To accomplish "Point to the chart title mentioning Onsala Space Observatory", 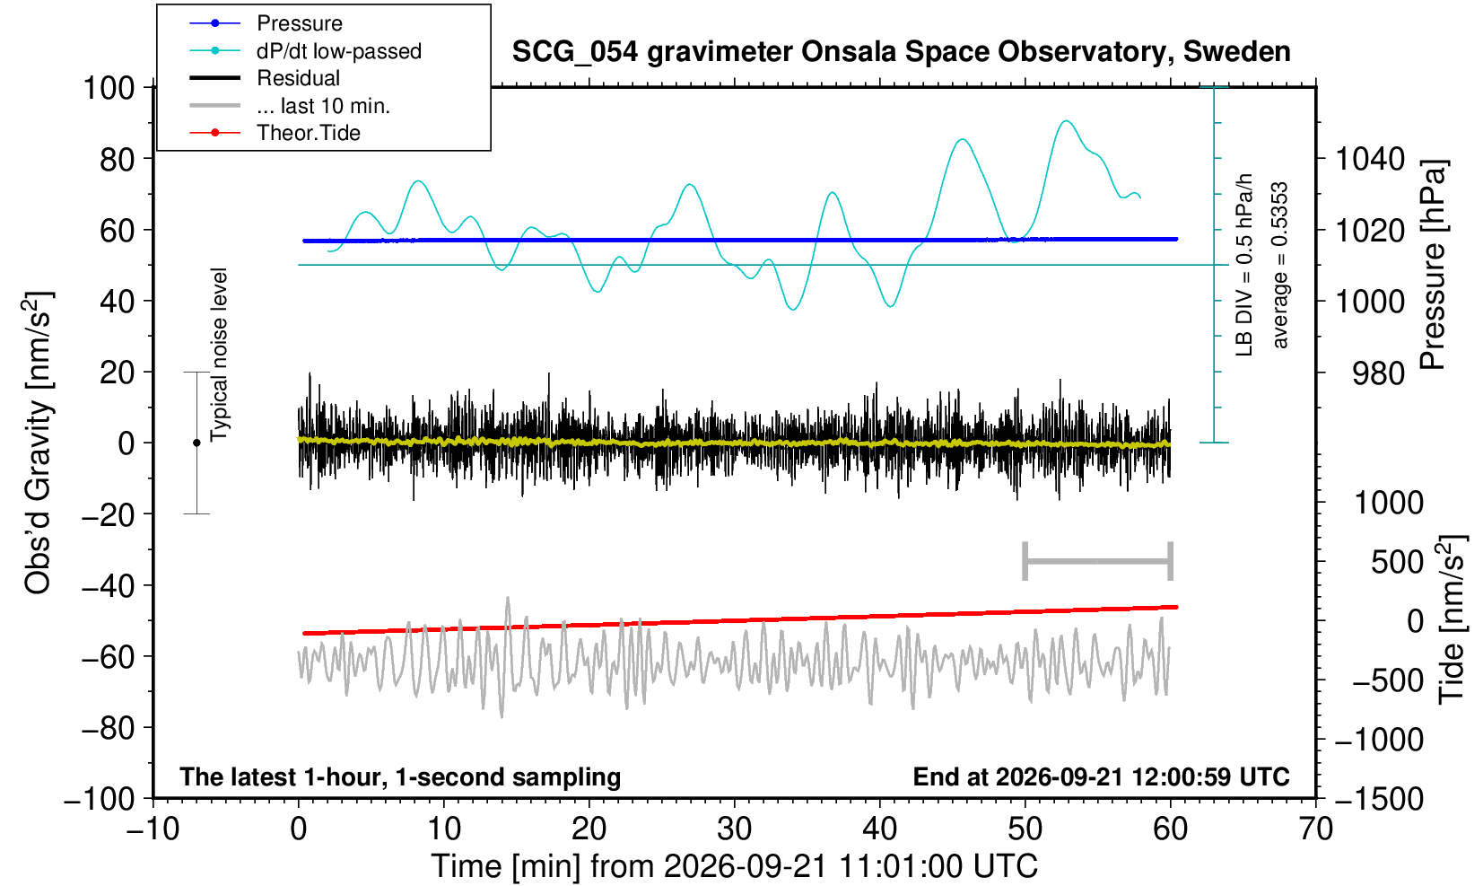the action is [x=901, y=51].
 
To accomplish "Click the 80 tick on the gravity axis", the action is [x=118, y=159].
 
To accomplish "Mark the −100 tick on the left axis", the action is [x=100, y=799].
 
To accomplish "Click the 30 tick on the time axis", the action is [x=734, y=829].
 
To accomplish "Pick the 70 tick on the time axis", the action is [x=1315, y=829].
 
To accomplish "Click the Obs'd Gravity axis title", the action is [x=38, y=443].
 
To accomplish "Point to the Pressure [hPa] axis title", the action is [x=1433, y=265].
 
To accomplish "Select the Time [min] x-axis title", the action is [x=734, y=866].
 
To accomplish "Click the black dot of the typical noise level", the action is [x=196, y=443].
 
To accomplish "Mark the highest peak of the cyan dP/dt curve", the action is [x=1066, y=120].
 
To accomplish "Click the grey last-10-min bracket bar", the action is [x=1098, y=561].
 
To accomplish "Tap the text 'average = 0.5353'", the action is [x=1280, y=265].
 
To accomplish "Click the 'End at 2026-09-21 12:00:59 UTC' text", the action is [x=1101, y=776].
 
